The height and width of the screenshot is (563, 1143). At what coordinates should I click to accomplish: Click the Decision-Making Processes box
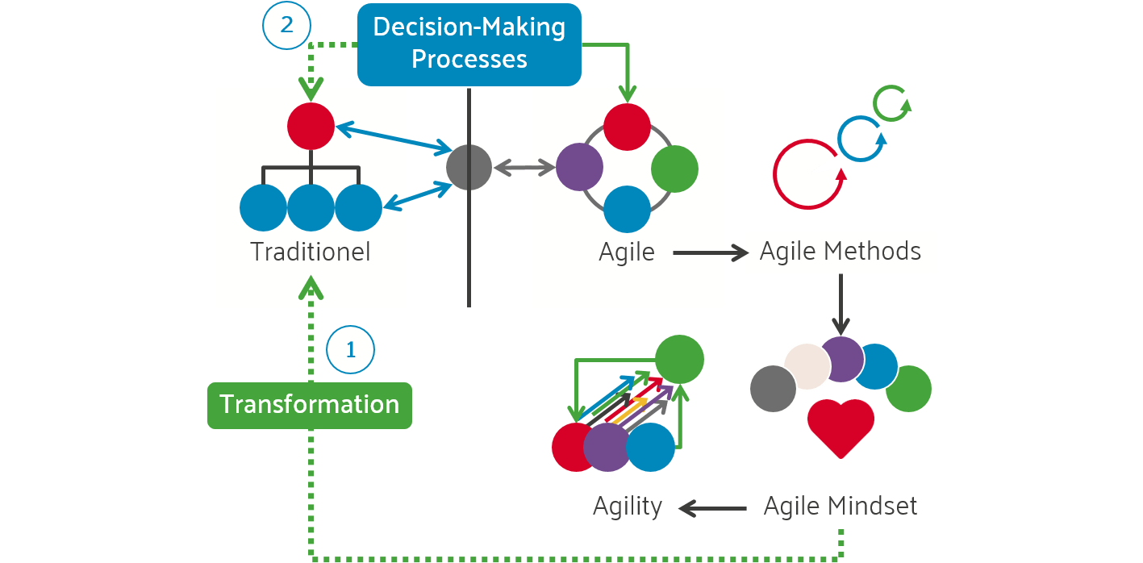[469, 44]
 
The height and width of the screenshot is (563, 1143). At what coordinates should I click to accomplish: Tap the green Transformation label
[310, 404]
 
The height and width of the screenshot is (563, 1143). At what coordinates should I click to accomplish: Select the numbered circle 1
[350, 350]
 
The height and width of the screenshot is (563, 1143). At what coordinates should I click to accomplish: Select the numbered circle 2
[286, 25]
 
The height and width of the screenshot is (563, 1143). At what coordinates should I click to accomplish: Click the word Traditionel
[311, 252]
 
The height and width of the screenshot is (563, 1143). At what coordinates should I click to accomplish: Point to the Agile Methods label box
[841, 252]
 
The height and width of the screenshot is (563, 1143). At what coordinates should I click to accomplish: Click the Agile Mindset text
[841, 507]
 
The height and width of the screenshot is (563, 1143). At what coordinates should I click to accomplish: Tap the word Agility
[628, 507]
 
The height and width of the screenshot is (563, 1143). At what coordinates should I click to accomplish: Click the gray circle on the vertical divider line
[469, 168]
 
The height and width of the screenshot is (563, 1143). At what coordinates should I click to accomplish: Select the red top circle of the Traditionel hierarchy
[311, 127]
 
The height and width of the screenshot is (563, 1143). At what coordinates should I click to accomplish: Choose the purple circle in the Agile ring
[579, 168]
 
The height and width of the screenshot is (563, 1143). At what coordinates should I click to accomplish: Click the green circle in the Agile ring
[674, 168]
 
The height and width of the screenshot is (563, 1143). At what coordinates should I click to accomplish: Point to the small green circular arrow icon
[892, 104]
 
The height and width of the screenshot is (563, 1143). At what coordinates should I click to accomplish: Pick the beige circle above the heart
[806, 366]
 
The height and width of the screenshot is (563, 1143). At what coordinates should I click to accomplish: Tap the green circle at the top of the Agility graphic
[679, 359]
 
